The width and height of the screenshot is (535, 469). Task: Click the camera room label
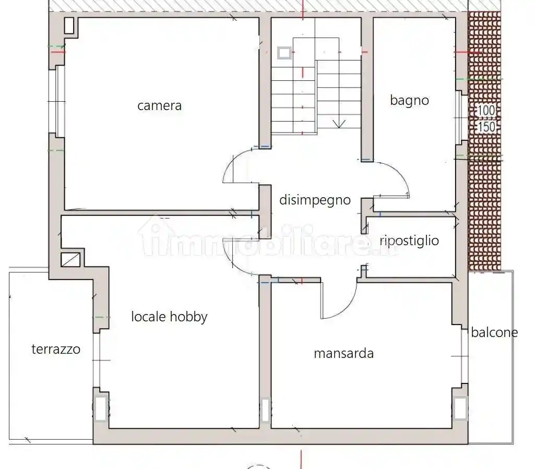pyautogui.click(x=159, y=106)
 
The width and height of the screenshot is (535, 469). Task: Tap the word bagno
pyautogui.click(x=409, y=100)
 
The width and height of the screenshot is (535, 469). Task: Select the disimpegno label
pyautogui.click(x=315, y=200)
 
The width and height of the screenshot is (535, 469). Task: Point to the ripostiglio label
pyautogui.click(x=409, y=240)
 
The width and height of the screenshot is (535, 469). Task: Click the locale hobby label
pyautogui.click(x=169, y=316)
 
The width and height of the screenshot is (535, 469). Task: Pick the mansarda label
pyautogui.click(x=343, y=353)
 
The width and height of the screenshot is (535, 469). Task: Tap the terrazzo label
pyautogui.click(x=56, y=349)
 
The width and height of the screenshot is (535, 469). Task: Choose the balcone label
pyautogui.click(x=494, y=332)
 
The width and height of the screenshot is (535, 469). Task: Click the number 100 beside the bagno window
pyautogui.click(x=486, y=111)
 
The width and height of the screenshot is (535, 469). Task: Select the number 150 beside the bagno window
pyautogui.click(x=486, y=127)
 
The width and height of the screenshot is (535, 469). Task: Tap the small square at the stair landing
pyautogui.click(x=284, y=53)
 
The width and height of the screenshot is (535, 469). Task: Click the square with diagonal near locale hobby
pyautogui.click(x=71, y=259)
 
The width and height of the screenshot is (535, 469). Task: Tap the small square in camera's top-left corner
pyautogui.click(x=69, y=25)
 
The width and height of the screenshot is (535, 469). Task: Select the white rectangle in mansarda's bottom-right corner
pyautogui.click(x=460, y=408)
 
